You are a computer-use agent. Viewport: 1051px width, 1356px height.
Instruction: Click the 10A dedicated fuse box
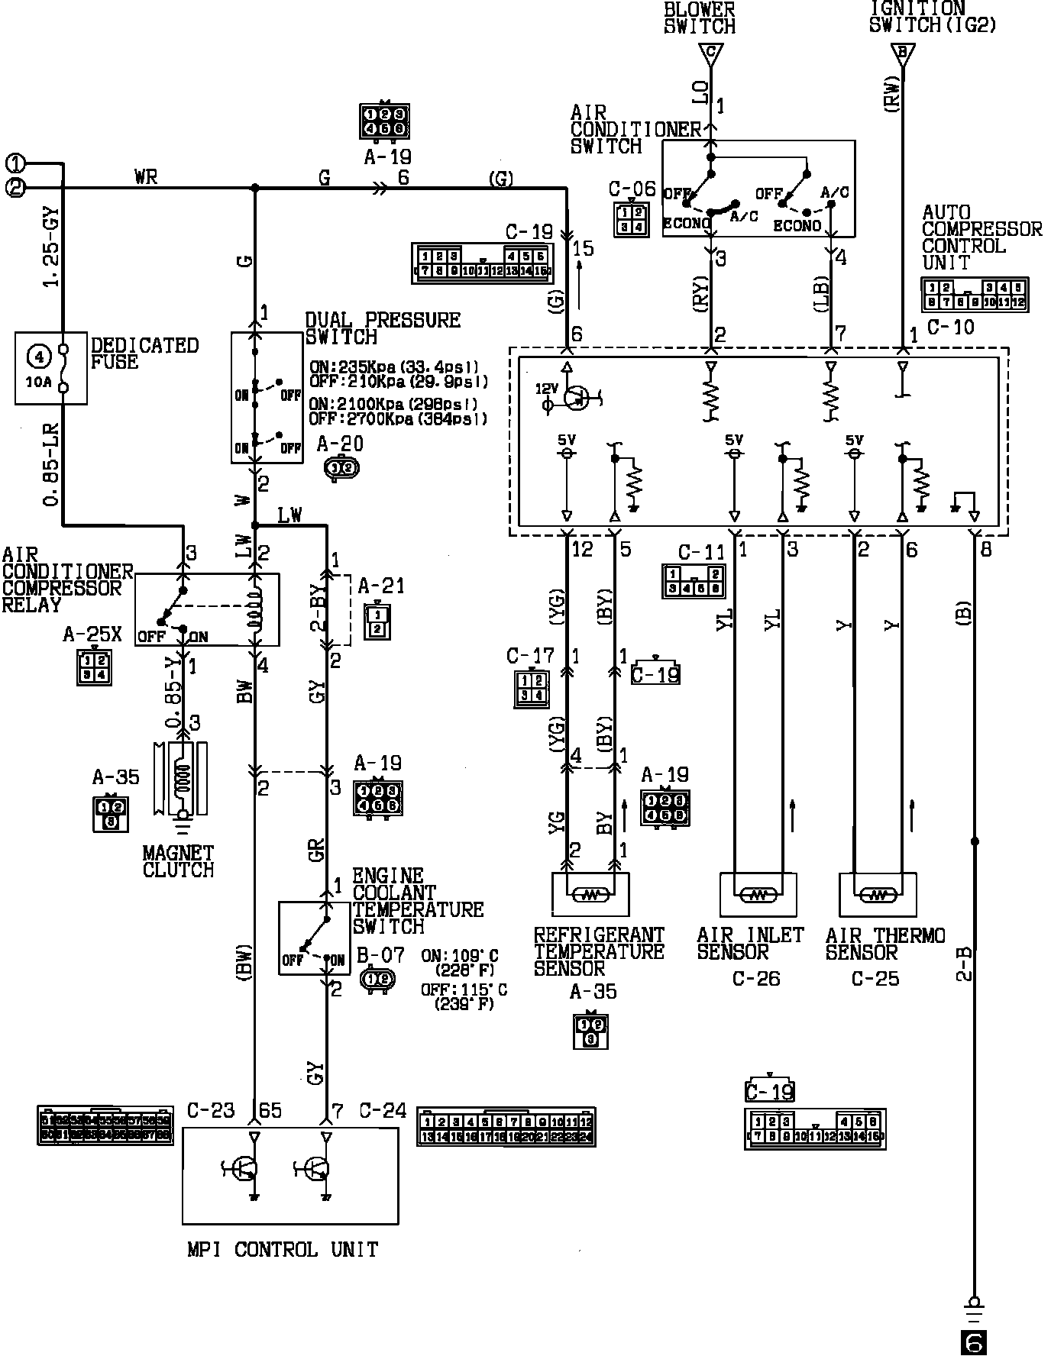[50, 368]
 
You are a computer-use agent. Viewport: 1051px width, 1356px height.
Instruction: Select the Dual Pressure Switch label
[382, 328]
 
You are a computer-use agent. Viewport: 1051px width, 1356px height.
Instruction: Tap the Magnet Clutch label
[178, 861]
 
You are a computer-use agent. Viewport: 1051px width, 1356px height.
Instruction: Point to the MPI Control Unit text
[283, 1250]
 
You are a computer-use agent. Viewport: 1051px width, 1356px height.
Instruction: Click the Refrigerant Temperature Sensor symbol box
[590, 894]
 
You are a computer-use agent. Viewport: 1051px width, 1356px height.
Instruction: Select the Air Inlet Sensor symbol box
[758, 894]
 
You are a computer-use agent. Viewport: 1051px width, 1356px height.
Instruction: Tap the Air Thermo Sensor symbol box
[878, 894]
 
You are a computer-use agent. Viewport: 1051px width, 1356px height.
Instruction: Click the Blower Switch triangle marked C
[710, 53]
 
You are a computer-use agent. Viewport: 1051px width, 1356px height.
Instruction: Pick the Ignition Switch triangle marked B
[903, 53]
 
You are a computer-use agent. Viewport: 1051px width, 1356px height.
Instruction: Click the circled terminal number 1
[16, 163]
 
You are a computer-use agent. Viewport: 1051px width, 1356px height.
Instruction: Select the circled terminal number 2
[16, 187]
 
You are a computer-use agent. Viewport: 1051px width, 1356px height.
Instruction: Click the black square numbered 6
[973, 1341]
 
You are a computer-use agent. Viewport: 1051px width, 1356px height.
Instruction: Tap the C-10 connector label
[950, 327]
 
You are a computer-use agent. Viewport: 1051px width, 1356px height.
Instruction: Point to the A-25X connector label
[92, 635]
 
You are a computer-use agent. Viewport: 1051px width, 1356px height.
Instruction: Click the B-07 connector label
[380, 954]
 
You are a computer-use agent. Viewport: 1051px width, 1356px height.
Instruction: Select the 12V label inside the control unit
[546, 389]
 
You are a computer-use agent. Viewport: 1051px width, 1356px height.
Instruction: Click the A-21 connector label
[381, 586]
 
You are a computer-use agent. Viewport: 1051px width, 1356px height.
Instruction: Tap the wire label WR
[145, 177]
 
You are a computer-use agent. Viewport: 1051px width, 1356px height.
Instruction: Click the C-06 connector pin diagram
[631, 220]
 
